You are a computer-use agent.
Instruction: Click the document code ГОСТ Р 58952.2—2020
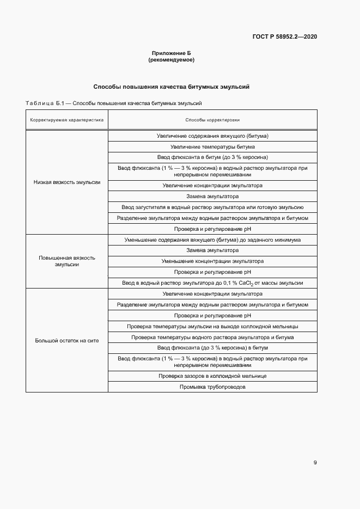(x=285, y=37)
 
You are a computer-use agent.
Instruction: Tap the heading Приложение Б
(x=171, y=53)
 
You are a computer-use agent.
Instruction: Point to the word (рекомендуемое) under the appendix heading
(x=171, y=60)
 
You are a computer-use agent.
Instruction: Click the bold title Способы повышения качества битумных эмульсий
(x=171, y=87)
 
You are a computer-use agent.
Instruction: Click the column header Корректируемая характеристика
(x=67, y=120)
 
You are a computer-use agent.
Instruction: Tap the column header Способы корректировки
(x=212, y=120)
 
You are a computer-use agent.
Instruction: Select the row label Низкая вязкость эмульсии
(x=67, y=182)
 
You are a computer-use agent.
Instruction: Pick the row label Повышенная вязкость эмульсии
(x=67, y=261)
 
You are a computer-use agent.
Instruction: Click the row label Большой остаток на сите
(x=67, y=341)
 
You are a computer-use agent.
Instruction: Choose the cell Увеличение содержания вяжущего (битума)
(x=212, y=136)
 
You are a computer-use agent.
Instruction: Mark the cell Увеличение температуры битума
(x=212, y=147)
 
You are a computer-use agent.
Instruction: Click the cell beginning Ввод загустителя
(x=212, y=207)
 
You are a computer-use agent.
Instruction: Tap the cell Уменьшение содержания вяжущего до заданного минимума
(x=212, y=240)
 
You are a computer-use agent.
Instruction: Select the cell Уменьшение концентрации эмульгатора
(x=212, y=261)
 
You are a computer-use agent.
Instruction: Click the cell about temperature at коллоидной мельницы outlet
(x=212, y=327)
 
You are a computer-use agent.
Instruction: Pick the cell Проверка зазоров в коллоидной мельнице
(x=212, y=376)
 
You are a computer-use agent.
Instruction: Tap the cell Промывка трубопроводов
(x=212, y=387)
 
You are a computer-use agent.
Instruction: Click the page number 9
(x=315, y=463)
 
